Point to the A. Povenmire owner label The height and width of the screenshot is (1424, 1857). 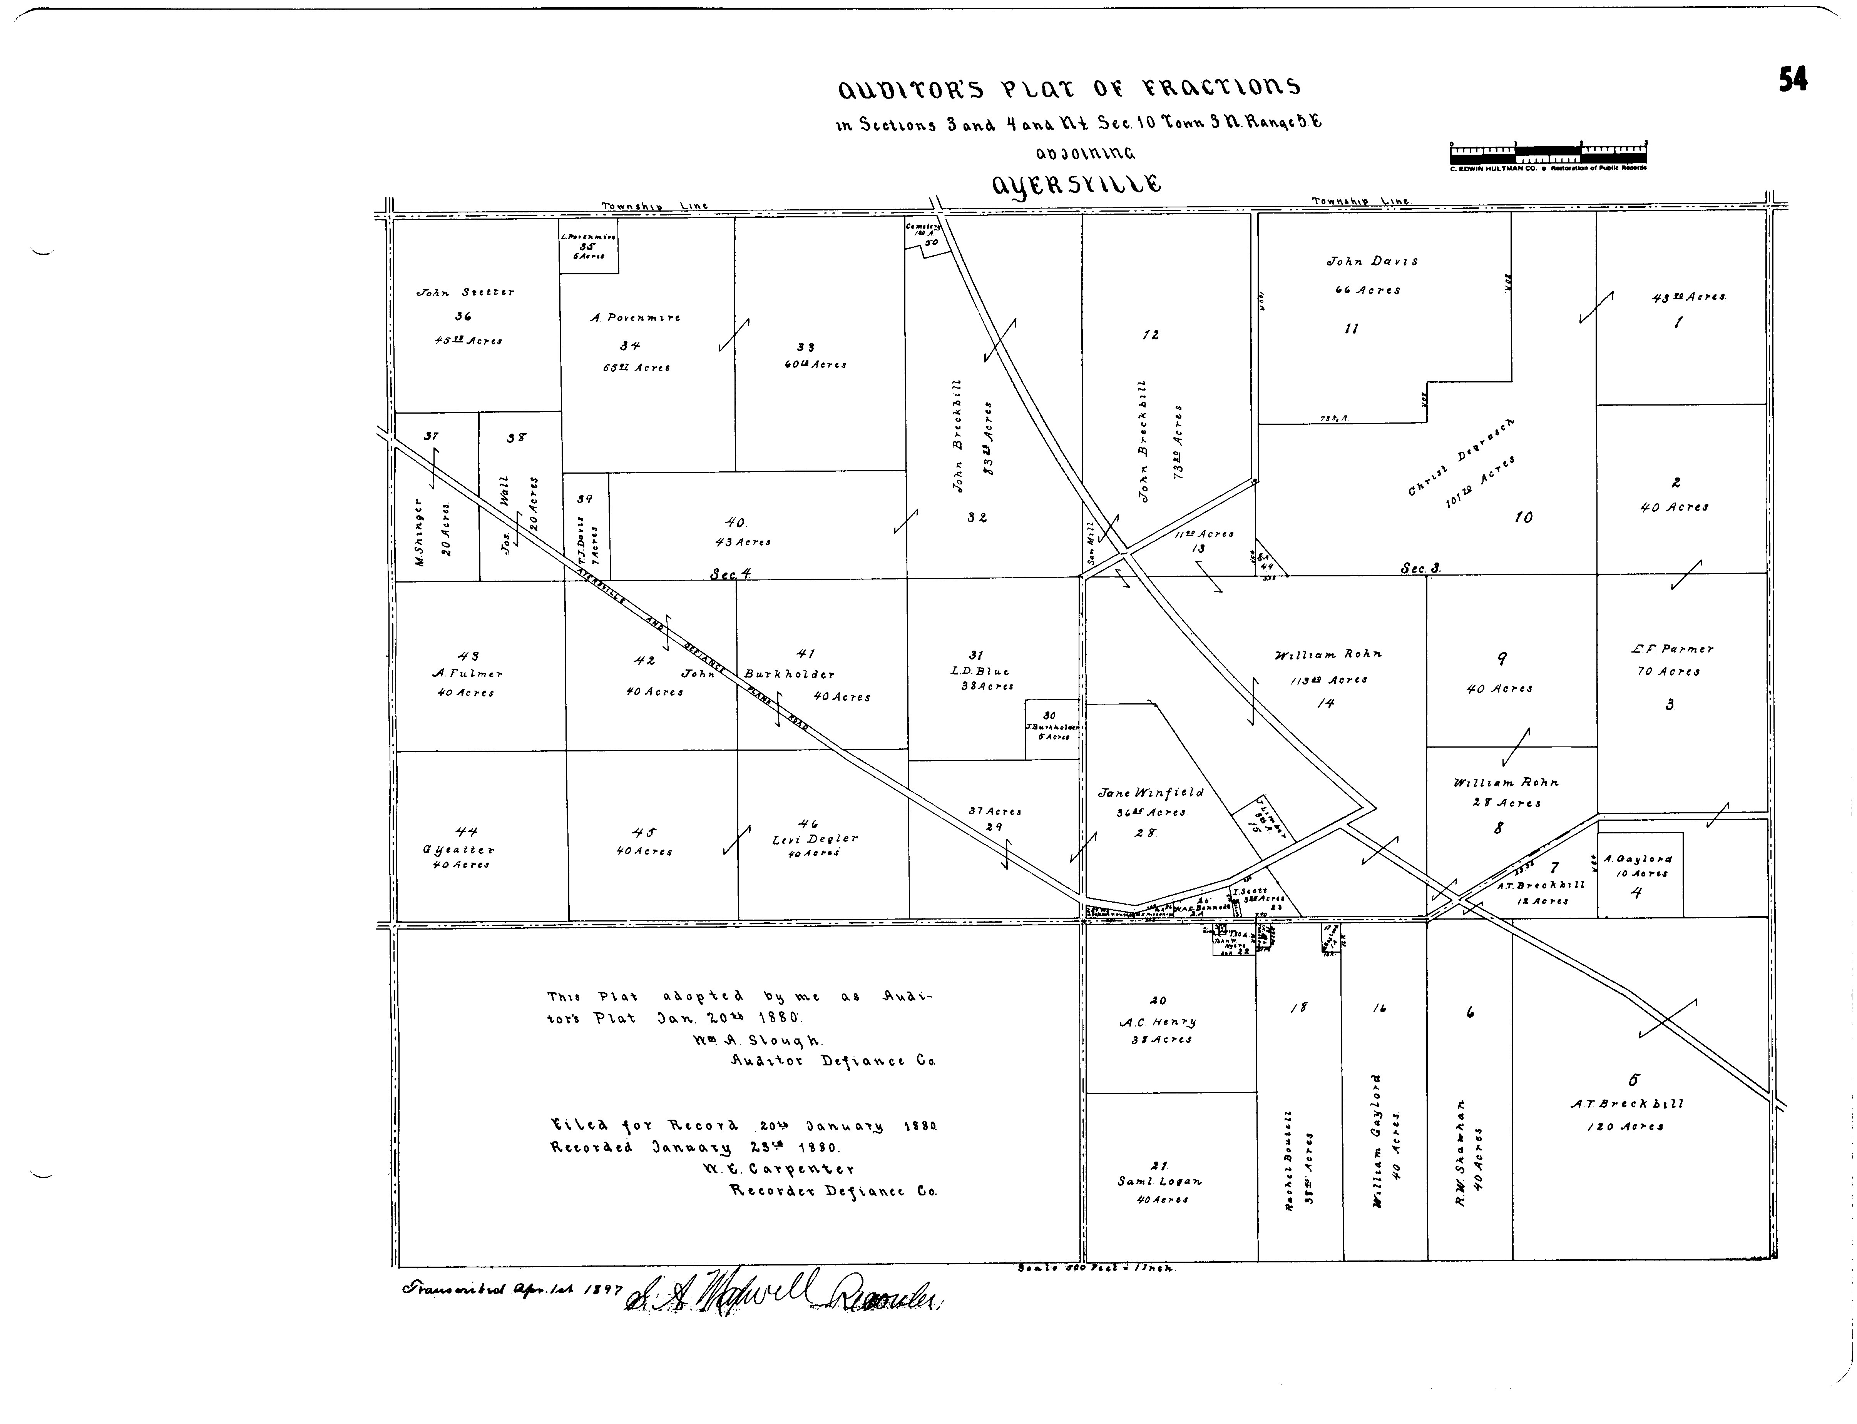[x=635, y=318]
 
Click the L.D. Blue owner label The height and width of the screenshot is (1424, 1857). [x=979, y=671]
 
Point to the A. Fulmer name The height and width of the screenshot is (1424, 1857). [x=467, y=674]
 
